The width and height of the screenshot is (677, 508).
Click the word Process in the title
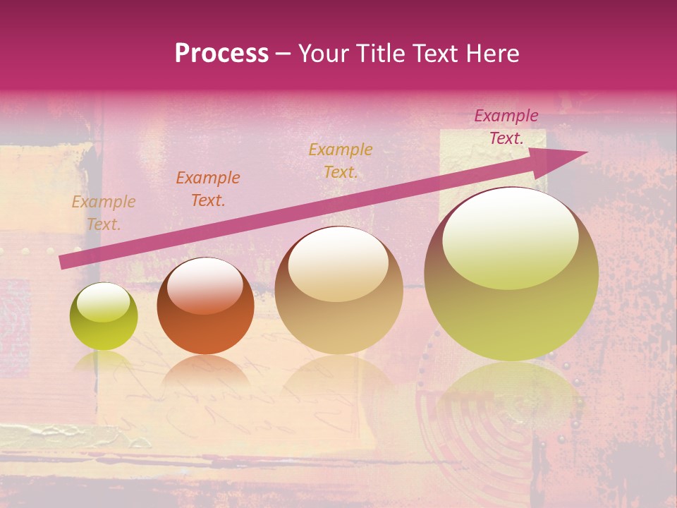[x=221, y=54]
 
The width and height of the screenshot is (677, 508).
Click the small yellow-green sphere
[x=104, y=317]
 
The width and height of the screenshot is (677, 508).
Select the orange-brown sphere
[x=205, y=306]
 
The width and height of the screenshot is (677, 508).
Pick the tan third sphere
[x=338, y=291]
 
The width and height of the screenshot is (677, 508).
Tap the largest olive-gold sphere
[x=511, y=275]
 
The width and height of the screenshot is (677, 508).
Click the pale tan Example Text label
[x=104, y=213]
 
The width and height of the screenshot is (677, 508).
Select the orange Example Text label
[x=208, y=189]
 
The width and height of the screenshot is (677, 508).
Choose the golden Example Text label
[x=341, y=161]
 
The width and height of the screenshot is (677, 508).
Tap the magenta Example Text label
[x=506, y=127]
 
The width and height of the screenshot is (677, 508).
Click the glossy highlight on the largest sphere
[x=510, y=238]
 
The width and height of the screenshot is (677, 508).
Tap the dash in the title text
[x=283, y=54]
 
